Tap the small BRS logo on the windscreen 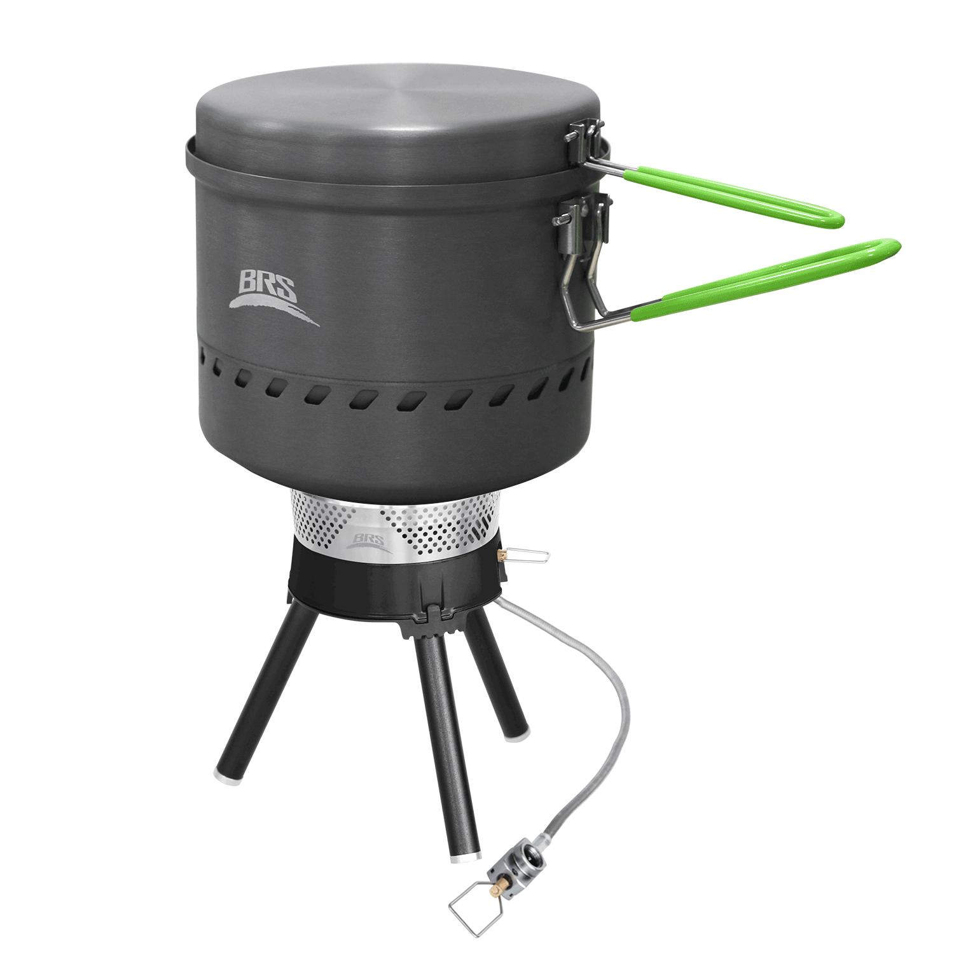pos(369,541)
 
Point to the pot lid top pos(394,114)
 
